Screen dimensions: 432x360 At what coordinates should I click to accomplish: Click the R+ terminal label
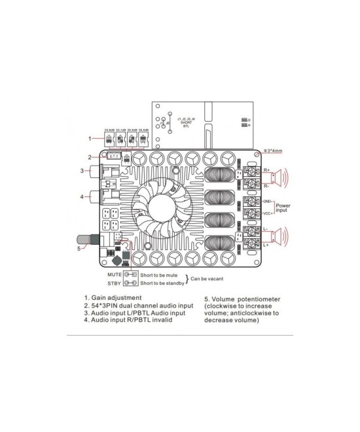click(267, 170)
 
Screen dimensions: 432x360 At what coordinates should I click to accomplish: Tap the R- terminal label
click(267, 185)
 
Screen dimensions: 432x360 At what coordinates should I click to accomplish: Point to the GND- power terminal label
click(267, 201)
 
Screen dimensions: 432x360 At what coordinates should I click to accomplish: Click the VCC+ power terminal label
click(267, 213)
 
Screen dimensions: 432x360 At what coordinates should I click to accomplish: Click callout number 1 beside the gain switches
click(90, 138)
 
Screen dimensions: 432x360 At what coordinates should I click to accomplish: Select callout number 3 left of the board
click(81, 171)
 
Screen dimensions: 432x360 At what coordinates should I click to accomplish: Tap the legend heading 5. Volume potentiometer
click(242, 298)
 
